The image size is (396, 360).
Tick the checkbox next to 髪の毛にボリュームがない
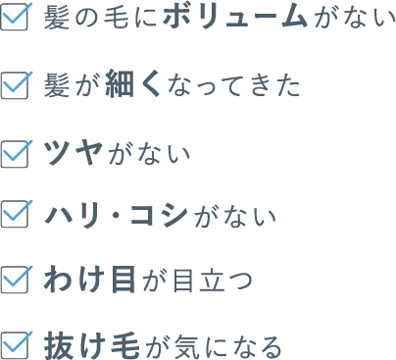(17, 19)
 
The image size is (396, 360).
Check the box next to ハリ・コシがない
(17, 214)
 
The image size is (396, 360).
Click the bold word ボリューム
(245, 19)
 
